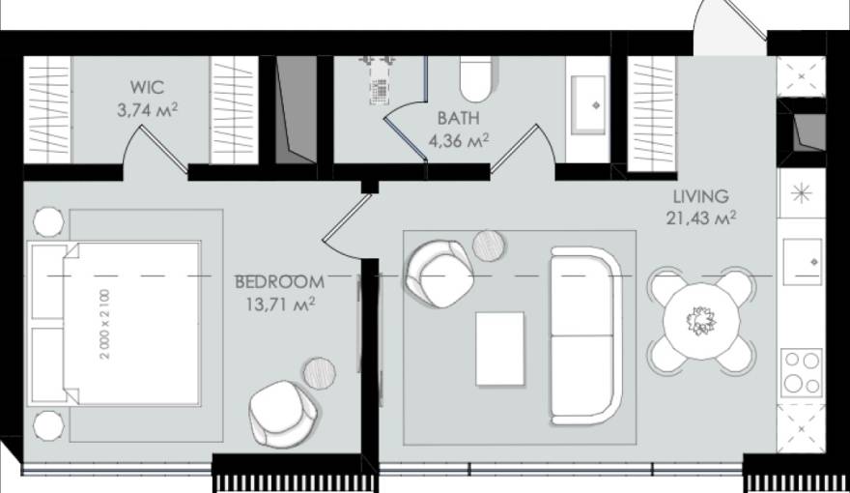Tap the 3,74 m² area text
click(146, 110)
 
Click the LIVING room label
click(700, 195)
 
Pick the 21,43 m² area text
click(700, 217)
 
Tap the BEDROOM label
click(279, 281)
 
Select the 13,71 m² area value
click(279, 304)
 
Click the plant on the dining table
click(698, 319)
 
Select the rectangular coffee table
click(500, 348)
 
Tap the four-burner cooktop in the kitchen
click(801, 370)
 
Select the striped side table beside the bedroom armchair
click(319, 370)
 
